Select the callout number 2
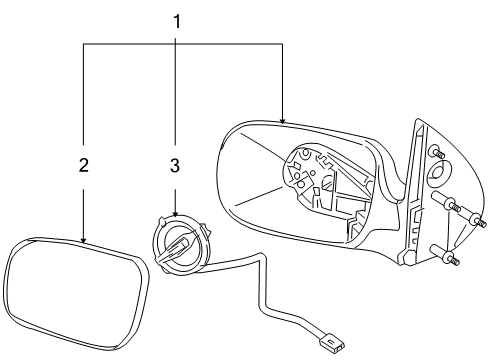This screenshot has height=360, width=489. coord(85,166)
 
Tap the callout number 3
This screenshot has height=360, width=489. coord(175,166)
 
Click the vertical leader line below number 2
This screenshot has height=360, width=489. coord(85,205)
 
